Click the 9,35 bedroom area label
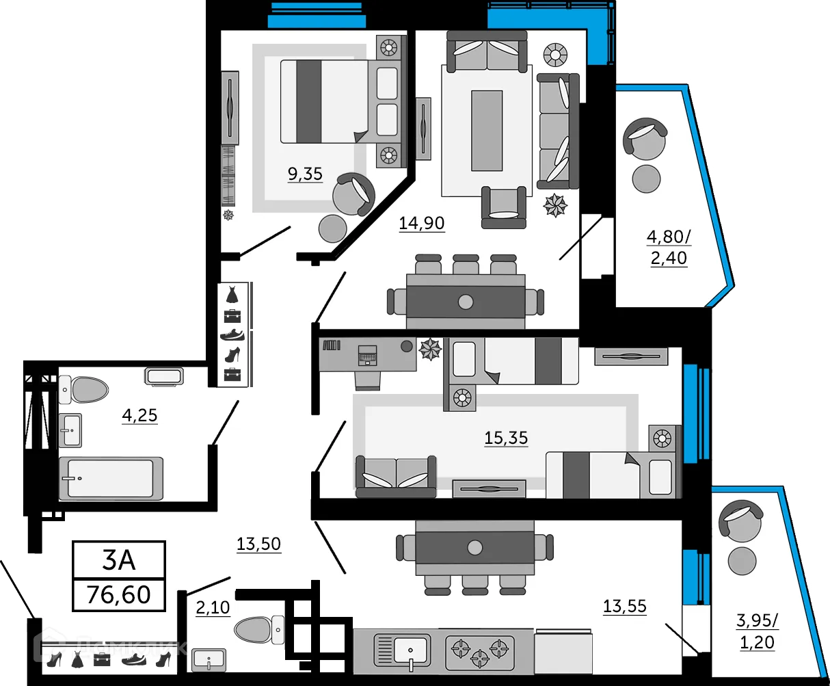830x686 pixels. click(x=305, y=174)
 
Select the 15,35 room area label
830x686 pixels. click(x=506, y=438)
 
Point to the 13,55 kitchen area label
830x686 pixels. click(x=624, y=606)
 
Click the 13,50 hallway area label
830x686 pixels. click(x=258, y=544)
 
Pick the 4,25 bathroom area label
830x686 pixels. click(x=139, y=415)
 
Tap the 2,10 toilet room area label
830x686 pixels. click(x=213, y=607)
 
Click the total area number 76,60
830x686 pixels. click(x=119, y=594)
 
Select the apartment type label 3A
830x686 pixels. click(x=119, y=560)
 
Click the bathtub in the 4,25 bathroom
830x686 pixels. click(x=111, y=477)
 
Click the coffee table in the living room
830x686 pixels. click(x=487, y=130)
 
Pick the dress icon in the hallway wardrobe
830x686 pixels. click(x=232, y=294)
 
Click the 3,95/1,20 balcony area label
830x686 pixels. click(x=756, y=631)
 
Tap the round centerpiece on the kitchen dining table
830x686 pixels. click(x=474, y=547)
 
